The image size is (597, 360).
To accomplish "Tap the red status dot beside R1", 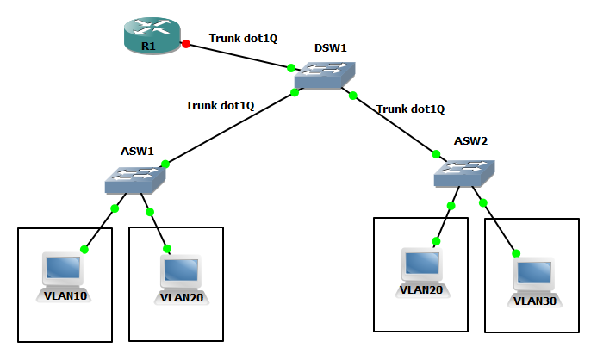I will tap(186, 42).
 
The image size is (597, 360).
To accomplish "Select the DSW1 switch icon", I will tap(324, 78).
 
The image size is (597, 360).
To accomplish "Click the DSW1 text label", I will tap(330, 48).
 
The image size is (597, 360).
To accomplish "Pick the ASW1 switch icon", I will tap(135, 180).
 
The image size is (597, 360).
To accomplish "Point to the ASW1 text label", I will tap(137, 151).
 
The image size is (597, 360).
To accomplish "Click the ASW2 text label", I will tap(471, 140).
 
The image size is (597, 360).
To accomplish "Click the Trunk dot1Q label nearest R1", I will tap(243, 39).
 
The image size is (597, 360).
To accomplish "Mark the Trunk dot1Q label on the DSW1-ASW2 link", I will tap(411, 109).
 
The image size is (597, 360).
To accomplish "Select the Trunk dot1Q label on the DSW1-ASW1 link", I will tap(221, 106).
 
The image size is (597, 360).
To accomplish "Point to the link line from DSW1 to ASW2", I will tap(395, 125).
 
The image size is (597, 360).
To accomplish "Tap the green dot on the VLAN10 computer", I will tap(84, 250).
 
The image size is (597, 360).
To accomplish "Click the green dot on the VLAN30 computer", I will tap(517, 254).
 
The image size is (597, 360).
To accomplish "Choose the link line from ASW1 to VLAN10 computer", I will tap(99, 228).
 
